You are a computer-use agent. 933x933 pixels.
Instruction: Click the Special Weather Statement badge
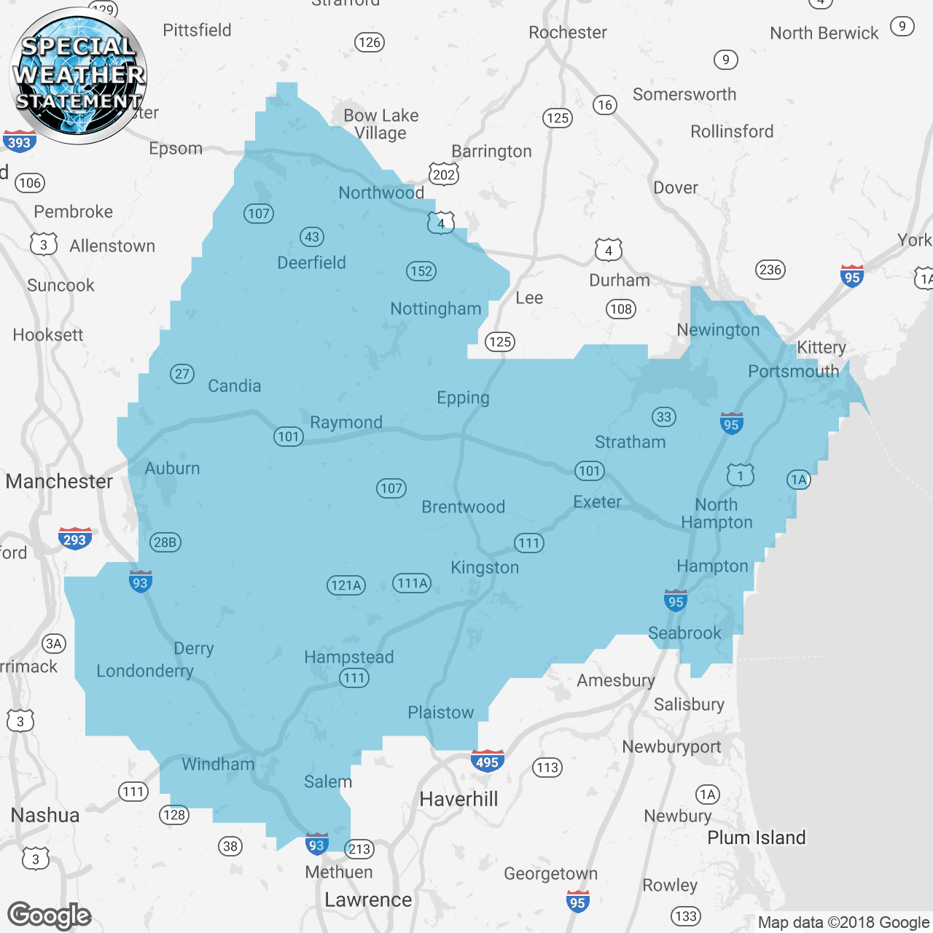pyautogui.click(x=78, y=75)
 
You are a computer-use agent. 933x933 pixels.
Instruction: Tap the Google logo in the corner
pyautogui.click(x=49, y=916)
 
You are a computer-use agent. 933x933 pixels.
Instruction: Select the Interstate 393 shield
pyautogui.click(x=19, y=141)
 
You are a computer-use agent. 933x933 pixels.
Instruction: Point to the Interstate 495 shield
pyautogui.click(x=487, y=761)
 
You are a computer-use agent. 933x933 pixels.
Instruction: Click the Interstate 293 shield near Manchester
pyautogui.click(x=74, y=539)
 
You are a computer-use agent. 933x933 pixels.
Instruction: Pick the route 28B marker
pyautogui.click(x=165, y=542)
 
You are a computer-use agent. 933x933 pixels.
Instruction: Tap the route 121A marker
pyautogui.click(x=346, y=585)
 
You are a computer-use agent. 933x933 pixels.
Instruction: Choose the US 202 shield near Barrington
pyautogui.click(x=444, y=173)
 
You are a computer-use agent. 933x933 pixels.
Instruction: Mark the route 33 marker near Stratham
pyautogui.click(x=663, y=417)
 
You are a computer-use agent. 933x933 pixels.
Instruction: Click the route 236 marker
pyautogui.click(x=770, y=270)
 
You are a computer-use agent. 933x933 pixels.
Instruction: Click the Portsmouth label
pyautogui.click(x=793, y=371)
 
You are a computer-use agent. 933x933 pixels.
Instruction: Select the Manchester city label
pyautogui.click(x=59, y=481)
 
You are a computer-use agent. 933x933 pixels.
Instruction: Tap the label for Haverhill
pyautogui.click(x=458, y=799)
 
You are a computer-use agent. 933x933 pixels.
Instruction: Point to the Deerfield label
pyautogui.click(x=311, y=262)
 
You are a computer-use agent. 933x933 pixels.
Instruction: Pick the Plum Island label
pyautogui.click(x=757, y=838)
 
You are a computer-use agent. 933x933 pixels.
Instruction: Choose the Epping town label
pyautogui.click(x=463, y=398)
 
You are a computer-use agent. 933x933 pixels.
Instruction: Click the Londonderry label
pyautogui.click(x=145, y=671)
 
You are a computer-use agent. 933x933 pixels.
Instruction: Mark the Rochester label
pyautogui.click(x=568, y=32)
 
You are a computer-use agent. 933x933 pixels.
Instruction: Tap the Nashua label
pyautogui.click(x=45, y=815)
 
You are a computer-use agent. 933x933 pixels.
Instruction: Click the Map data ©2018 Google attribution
pyautogui.click(x=843, y=922)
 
